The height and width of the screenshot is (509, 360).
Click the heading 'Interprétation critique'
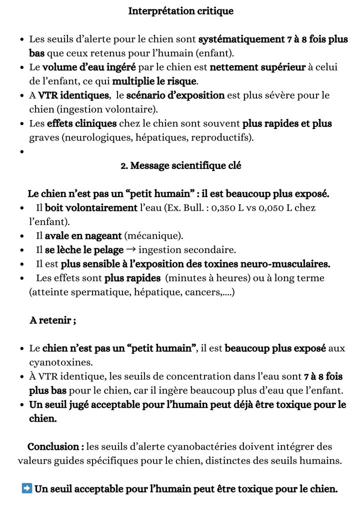coord(180,11)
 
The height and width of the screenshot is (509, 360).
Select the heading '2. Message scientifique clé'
coord(181,165)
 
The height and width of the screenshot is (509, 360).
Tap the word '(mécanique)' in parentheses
coord(153,235)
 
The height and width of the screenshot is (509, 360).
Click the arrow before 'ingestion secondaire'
coord(131,249)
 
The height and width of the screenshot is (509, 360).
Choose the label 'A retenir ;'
coord(52,320)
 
